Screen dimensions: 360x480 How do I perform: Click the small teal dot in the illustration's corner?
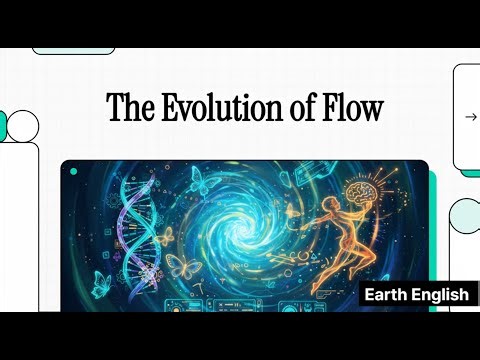click(x=73, y=172)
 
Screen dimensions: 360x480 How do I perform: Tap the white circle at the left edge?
click(x=21, y=125)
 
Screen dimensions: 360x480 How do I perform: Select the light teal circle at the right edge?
click(x=466, y=214)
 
